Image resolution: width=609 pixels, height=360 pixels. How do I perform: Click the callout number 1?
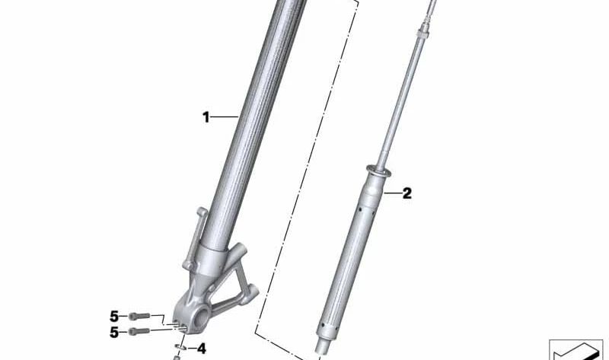pos(206,116)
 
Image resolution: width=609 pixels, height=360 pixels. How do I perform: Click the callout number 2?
pos(407,193)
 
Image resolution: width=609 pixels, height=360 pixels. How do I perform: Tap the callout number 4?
pos(201,349)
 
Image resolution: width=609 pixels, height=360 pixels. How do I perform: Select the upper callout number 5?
pos(115,315)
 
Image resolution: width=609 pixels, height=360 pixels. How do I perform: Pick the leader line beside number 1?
pos(225,116)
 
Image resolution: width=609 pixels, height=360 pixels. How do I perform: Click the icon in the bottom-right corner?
pos(576,350)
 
